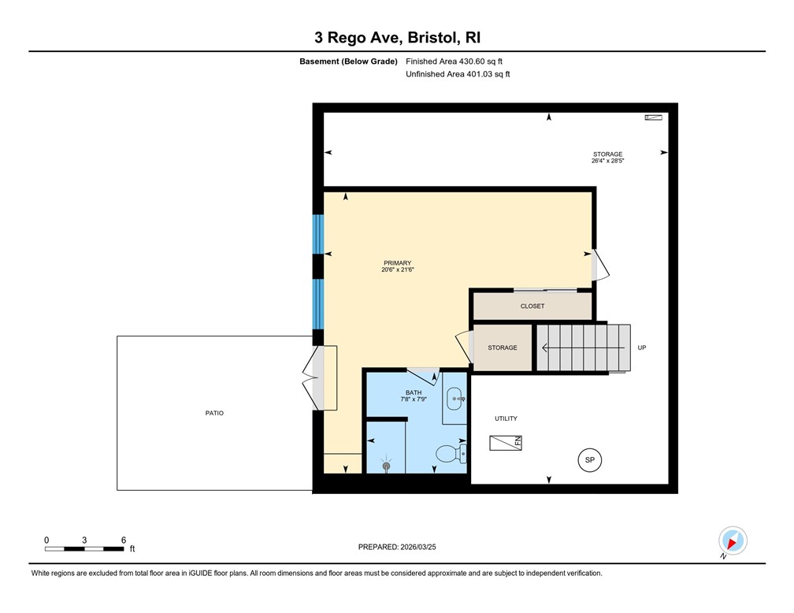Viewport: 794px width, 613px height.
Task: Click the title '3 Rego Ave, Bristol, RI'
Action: click(397, 38)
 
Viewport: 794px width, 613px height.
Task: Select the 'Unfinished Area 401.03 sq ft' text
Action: click(458, 74)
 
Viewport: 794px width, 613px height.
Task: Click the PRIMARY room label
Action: click(397, 263)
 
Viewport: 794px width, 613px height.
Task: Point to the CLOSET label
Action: click(532, 306)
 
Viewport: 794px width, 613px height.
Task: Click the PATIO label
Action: click(214, 413)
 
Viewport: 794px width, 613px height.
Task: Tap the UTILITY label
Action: click(506, 418)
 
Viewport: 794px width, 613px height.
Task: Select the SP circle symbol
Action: click(588, 459)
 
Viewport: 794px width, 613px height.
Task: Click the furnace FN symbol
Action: click(506, 442)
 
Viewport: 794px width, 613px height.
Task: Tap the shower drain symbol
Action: click(386, 466)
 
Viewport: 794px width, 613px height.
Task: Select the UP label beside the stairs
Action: click(641, 347)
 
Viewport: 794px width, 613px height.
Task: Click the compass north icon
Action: click(733, 541)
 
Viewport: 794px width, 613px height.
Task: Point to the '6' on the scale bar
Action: click(124, 540)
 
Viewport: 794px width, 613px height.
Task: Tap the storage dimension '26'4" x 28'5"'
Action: click(607, 161)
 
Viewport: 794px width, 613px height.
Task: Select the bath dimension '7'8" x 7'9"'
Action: click(414, 399)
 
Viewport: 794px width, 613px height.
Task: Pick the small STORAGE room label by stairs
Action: click(502, 347)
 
